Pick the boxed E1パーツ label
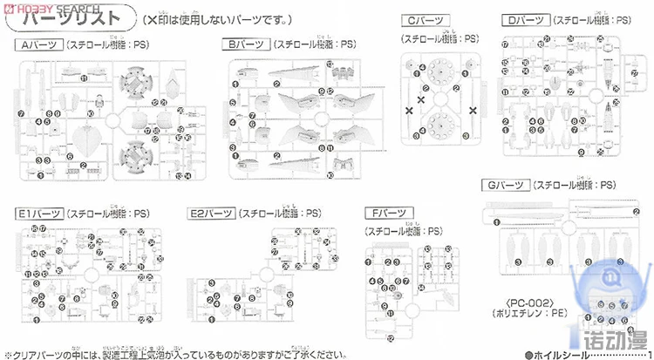[x=36, y=212]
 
